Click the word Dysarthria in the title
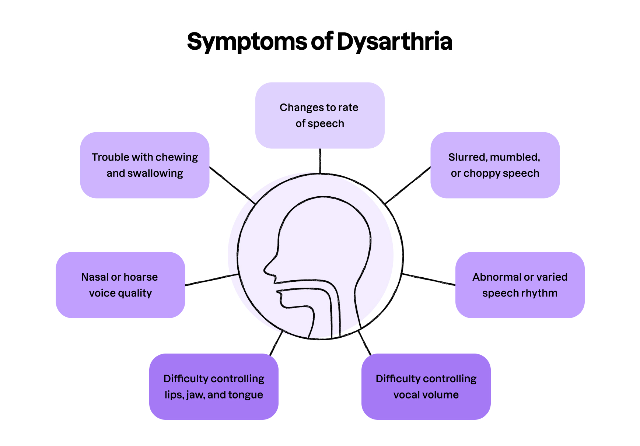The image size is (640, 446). coord(394,42)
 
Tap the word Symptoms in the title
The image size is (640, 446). coord(247,42)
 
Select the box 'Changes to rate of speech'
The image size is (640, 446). coord(320,115)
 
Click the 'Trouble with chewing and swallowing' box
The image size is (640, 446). coord(145,165)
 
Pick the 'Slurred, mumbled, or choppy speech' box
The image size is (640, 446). coord(495,165)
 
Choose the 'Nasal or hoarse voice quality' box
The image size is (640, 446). coord(120,285)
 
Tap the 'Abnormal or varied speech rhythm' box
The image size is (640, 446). coord(520,285)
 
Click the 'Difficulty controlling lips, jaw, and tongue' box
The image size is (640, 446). coord(214,386)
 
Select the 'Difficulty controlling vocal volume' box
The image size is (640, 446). coord(426,386)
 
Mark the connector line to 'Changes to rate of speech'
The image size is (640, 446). coord(320,161)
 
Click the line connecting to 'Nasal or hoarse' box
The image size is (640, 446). coord(212,280)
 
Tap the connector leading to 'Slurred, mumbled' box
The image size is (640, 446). coord(408,185)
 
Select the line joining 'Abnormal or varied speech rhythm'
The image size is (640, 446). coord(429,279)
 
